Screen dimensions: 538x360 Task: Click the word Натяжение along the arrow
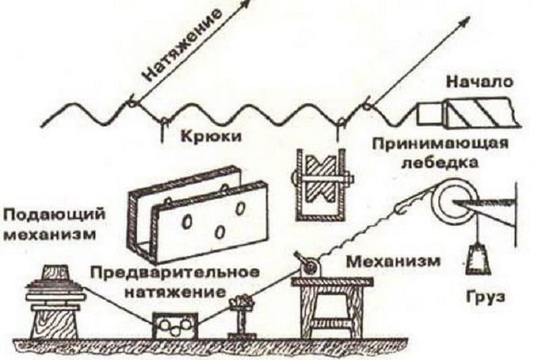[182, 46]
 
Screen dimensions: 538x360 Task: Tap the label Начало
[480, 82]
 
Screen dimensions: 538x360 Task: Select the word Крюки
[211, 137]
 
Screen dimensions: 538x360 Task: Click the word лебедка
[440, 163]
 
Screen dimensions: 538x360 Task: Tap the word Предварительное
[175, 273]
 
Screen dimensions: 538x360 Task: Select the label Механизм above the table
[393, 262]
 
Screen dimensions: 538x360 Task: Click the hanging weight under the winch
[477, 259]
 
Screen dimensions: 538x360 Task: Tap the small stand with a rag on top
[242, 315]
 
